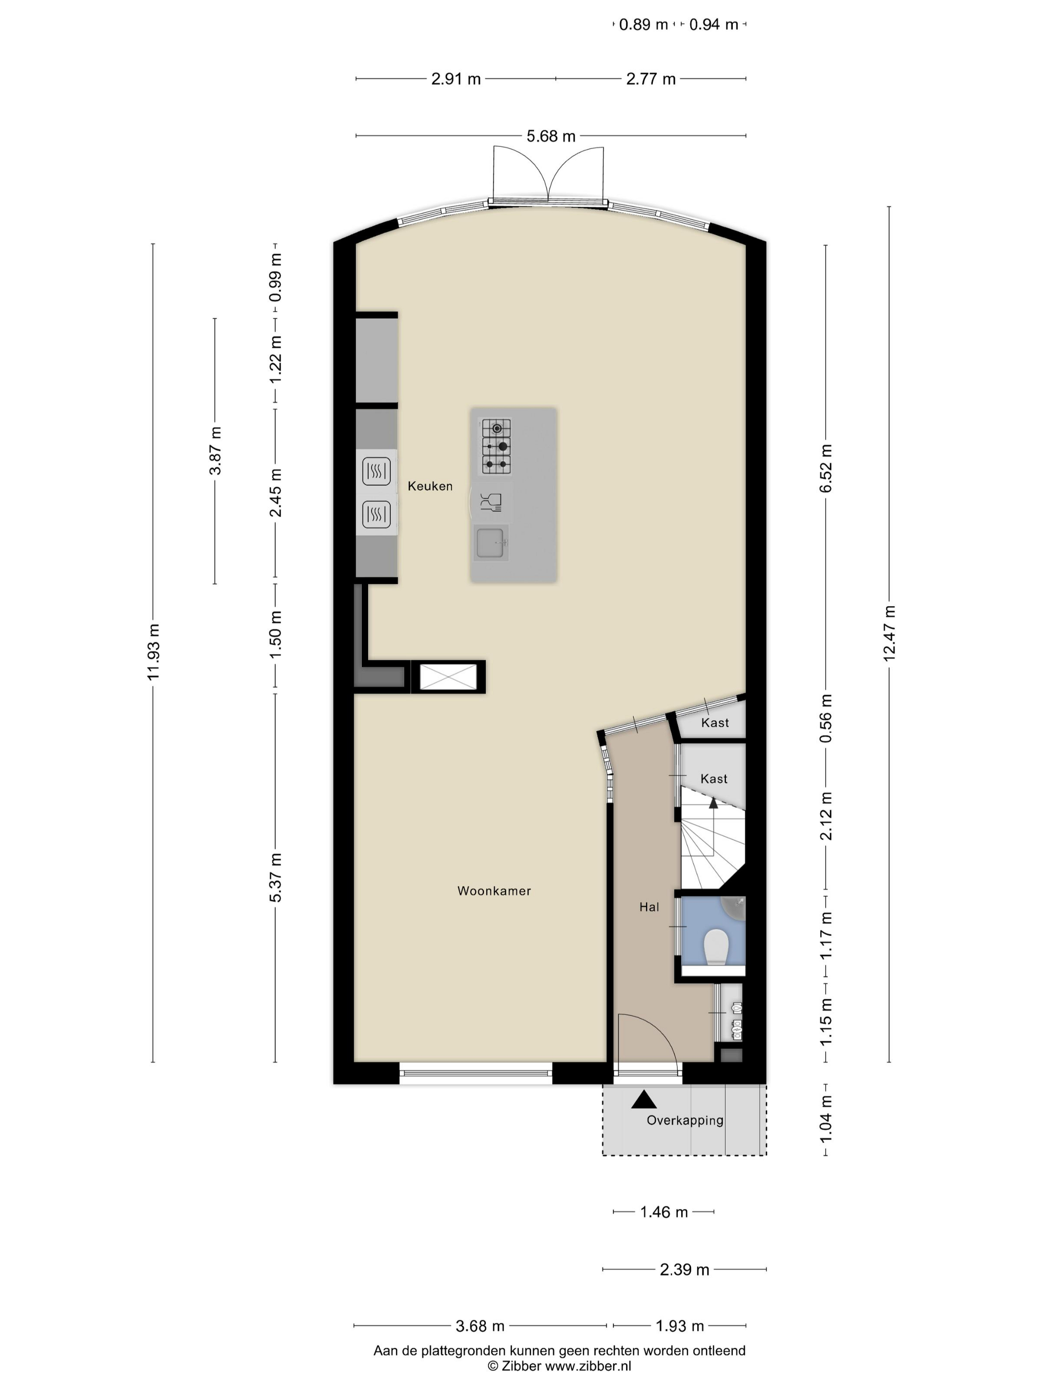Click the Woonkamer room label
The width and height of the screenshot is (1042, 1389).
coord(494,890)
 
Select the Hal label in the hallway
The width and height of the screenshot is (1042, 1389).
coord(649,907)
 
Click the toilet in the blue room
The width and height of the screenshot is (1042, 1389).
coord(716,947)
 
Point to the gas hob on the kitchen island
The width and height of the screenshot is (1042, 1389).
coord(496,446)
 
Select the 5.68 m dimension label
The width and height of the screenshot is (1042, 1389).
coord(551,136)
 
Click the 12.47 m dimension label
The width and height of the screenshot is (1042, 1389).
coord(889,633)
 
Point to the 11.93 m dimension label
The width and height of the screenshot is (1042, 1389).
coord(153,652)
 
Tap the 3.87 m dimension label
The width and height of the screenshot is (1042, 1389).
coord(215,451)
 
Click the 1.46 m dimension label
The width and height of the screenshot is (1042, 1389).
coord(664,1212)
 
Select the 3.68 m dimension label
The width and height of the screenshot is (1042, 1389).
coord(480,1326)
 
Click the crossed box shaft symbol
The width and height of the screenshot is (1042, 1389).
coord(448,677)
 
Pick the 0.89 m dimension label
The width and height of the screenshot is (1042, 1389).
coord(643,24)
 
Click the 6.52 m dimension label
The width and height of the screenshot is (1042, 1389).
coord(826,468)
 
